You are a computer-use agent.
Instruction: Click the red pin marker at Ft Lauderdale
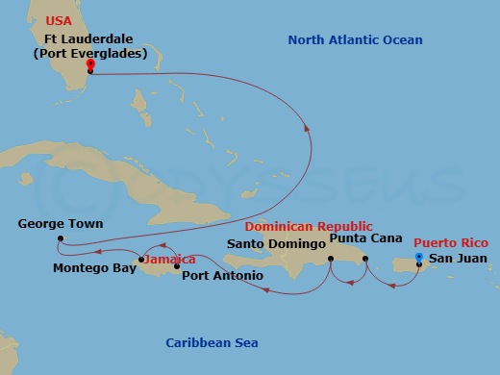[89, 66]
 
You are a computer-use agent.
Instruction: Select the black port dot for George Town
[60, 238]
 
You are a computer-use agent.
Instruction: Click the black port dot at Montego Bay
[140, 260]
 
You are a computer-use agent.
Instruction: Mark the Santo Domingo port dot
[330, 259]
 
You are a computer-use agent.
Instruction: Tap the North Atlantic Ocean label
[355, 39]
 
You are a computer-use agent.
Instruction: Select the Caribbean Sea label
[211, 343]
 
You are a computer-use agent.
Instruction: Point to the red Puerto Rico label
[451, 242]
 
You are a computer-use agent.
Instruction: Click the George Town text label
[61, 224]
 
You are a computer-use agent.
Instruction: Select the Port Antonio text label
[222, 277]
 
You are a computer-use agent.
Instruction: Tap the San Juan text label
[458, 259]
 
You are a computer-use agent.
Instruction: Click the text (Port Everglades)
[89, 53]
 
